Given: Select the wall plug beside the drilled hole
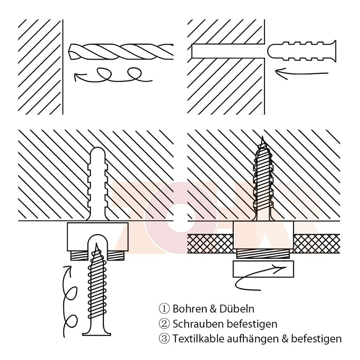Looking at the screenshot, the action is tap(301, 51).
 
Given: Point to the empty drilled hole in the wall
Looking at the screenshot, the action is tap(227, 51).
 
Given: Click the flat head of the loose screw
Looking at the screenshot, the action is tap(97, 333).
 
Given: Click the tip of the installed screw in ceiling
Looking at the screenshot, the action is tap(263, 137).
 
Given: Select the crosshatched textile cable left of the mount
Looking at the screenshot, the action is tap(210, 243).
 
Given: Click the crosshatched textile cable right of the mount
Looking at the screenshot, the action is tap(317, 243).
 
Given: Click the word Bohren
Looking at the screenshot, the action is tap(189, 309).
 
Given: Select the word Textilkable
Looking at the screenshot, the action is tap(198, 339).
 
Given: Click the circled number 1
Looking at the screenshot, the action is tap(164, 309).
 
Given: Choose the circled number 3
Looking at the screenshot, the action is tap(164, 339).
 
